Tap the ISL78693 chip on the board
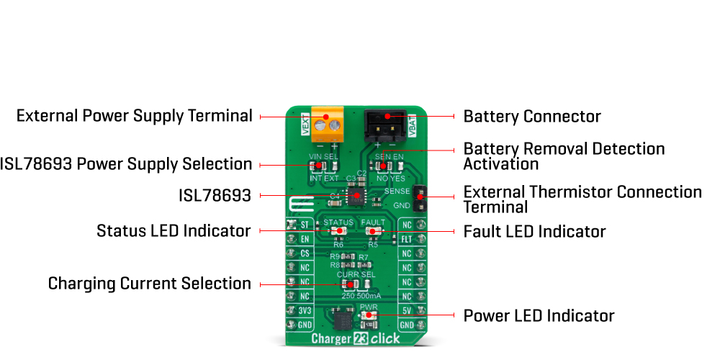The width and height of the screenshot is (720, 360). tap(356, 194)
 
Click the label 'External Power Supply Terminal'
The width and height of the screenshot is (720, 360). tap(134, 116)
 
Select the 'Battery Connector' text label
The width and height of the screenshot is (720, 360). tap(531, 117)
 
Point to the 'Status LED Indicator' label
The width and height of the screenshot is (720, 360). tap(174, 231)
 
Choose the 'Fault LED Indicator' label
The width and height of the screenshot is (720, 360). tap(534, 232)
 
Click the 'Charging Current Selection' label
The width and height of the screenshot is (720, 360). tap(149, 284)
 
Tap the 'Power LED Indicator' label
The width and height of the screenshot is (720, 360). tap(539, 316)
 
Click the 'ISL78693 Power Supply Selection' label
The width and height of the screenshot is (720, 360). tap(126, 164)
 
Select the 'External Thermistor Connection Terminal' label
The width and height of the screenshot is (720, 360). tap(582, 199)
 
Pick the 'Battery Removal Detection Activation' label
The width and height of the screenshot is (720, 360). tap(564, 156)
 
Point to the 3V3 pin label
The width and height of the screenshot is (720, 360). tap(304, 311)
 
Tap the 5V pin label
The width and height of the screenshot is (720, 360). tap(407, 311)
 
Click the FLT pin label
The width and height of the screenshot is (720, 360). tap(407, 239)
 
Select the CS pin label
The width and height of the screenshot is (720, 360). tap(304, 253)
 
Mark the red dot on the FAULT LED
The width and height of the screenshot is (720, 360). tap(372, 231)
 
